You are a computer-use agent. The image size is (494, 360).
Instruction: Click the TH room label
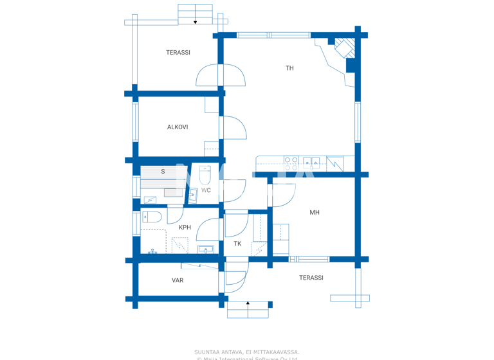click(289, 68)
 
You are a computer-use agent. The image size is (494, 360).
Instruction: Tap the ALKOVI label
click(178, 127)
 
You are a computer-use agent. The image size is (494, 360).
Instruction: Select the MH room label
click(315, 213)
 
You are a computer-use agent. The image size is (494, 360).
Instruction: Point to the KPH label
click(185, 228)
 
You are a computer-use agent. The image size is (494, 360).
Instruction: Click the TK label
click(237, 244)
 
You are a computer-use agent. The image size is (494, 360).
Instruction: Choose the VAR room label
click(178, 280)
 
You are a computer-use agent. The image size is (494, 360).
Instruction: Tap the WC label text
click(206, 190)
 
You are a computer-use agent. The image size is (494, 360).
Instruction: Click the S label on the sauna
click(163, 172)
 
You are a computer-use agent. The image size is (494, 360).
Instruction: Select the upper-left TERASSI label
click(178, 53)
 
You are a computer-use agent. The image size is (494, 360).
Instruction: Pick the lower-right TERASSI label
click(311, 278)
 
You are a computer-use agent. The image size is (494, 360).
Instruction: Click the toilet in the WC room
click(205, 175)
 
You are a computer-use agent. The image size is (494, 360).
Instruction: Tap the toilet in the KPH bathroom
click(152, 217)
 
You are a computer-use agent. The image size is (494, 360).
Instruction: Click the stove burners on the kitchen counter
click(291, 163)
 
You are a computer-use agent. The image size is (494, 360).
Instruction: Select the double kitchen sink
click(311, 163)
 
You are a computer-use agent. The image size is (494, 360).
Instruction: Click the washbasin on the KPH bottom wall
click(206, 249)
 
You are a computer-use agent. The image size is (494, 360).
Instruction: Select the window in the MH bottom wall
click(309, 259)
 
